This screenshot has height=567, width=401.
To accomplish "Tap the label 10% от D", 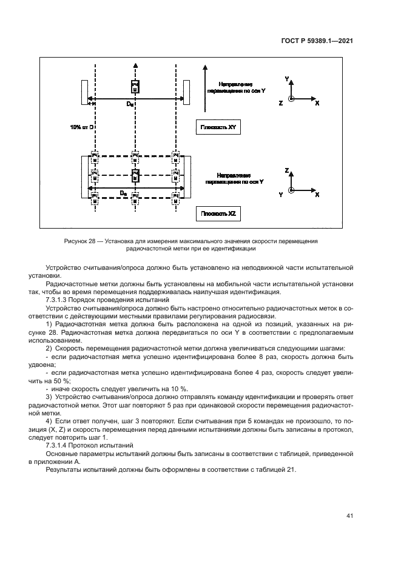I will pos(81,127).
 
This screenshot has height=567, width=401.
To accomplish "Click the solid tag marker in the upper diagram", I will pos(135,87).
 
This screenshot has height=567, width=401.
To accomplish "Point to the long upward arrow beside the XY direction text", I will pos(206,85).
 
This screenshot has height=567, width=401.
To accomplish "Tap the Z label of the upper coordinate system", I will pos(280,104).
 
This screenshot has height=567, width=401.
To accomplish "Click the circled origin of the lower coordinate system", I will pos(292,191).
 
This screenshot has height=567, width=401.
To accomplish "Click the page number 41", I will pos(349,515).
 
